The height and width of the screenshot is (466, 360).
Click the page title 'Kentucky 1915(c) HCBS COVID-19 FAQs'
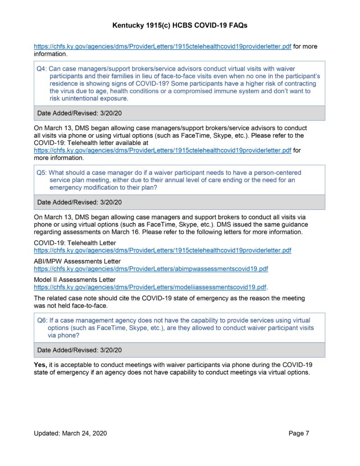(180, 26)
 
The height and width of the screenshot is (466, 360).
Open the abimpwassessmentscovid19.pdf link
(151, 269)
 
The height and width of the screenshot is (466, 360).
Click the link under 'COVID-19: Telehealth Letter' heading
(162, 250)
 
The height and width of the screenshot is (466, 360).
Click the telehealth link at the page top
(162, 46)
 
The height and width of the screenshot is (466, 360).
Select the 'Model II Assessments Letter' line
(75, 279)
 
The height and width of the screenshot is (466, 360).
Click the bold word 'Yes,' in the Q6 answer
(41, 365)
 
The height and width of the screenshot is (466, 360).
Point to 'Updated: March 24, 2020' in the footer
(70, 433)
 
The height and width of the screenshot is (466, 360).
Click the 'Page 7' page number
(299, 433)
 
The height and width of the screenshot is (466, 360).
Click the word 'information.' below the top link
(51, 54)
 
